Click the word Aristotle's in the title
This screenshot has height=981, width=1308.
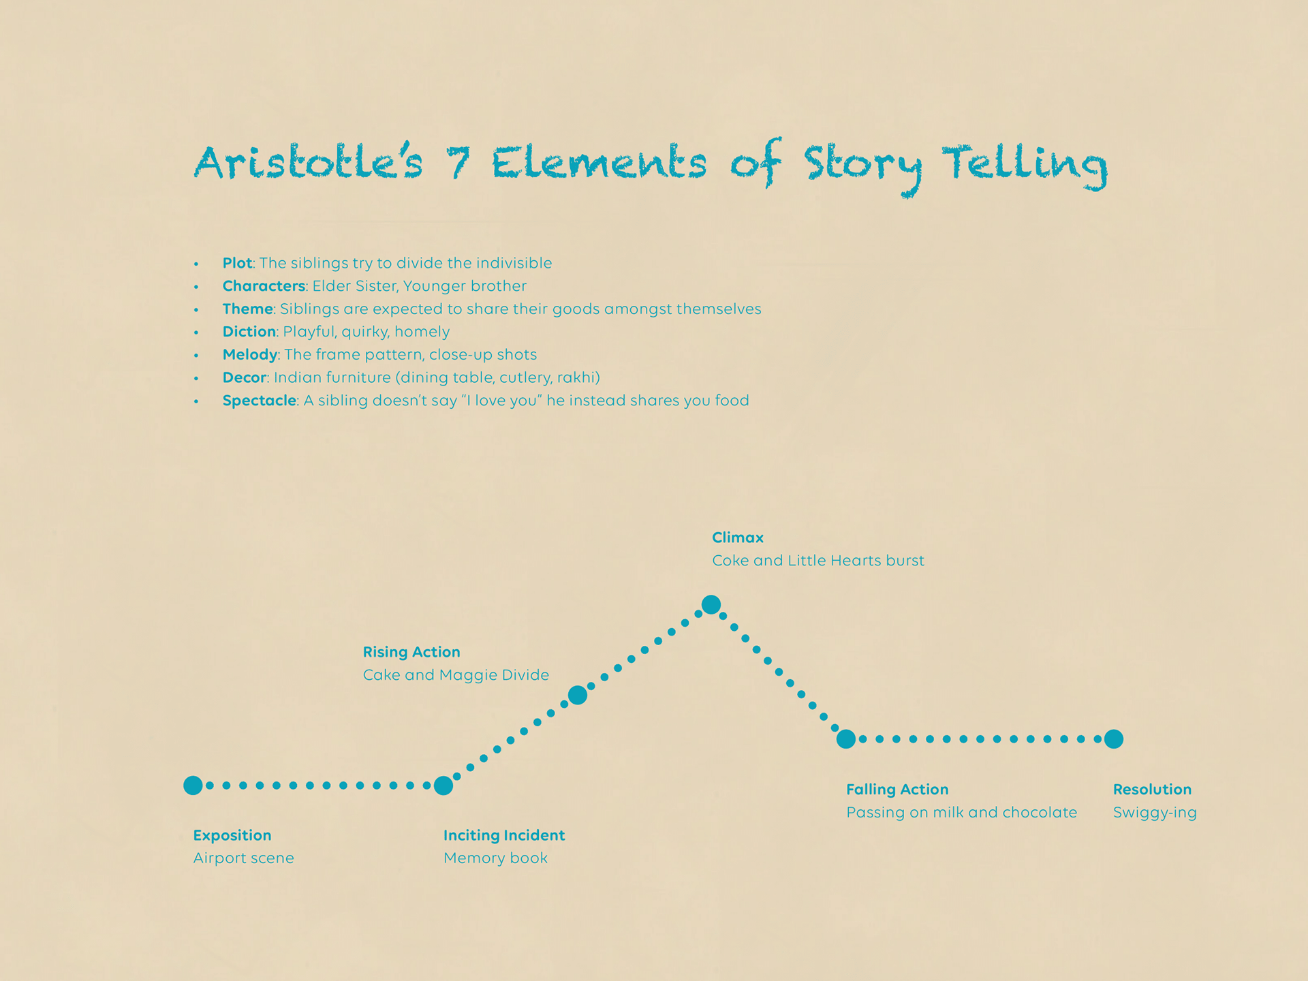click(x=308, y=163)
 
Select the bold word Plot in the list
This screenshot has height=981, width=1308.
click(x=237, y=263)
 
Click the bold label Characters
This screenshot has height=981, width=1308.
click(x=264, y=286)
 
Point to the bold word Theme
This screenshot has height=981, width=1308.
click(x=248, y=309)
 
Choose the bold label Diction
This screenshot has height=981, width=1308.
click(x=249, y=332)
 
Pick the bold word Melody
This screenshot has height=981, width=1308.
click(x=250, y=355)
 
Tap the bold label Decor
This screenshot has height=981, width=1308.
click(x=245, y=377)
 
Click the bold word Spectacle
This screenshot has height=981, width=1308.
click(x=260, y=401)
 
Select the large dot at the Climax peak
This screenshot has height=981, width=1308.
click(x=711, y=604)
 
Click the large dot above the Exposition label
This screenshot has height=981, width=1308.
click(x=193, y=785)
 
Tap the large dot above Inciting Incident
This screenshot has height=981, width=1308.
click(x=443, y=785)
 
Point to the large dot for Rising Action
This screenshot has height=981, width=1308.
click(x=578, y=695)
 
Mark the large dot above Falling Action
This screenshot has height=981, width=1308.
click(x=846, y=739)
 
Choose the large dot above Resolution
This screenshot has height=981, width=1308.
click(x=1114, y=739)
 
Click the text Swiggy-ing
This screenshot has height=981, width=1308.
click(x=1155, y=813)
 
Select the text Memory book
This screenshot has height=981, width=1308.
click(x=495, y=858)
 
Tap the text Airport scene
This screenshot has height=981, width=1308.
click(x=243, y=858)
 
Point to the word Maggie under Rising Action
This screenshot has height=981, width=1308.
click(x=468, y=675)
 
